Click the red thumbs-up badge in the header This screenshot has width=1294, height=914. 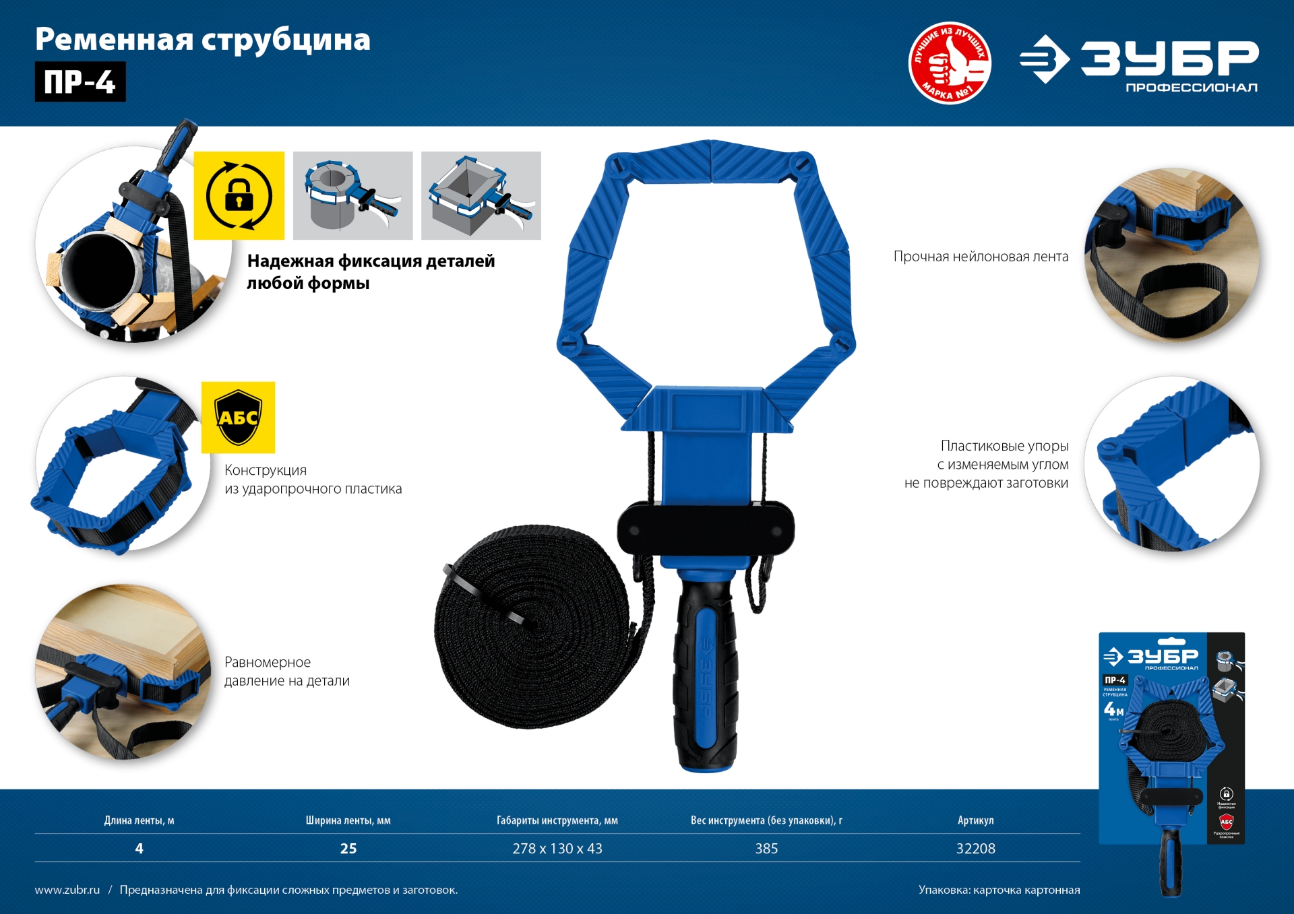(950, 63)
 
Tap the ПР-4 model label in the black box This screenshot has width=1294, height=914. (80, 82)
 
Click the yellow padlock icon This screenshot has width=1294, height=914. (239, 195)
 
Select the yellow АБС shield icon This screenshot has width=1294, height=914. (238, 418)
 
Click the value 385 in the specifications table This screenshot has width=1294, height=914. (766, 849)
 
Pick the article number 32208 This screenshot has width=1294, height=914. (975, 849)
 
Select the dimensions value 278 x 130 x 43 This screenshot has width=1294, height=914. (557, 849)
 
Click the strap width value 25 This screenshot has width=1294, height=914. (348, 849)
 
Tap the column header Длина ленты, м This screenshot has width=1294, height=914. (139, 820)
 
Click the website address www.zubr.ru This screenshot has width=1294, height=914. (67, 890)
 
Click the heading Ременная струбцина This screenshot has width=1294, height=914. (202, 39)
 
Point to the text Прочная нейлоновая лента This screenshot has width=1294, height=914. (981, 257)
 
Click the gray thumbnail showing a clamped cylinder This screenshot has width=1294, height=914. (352, 195)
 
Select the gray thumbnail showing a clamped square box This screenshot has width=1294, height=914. (481, 195)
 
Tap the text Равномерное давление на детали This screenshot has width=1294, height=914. (287, 672)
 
